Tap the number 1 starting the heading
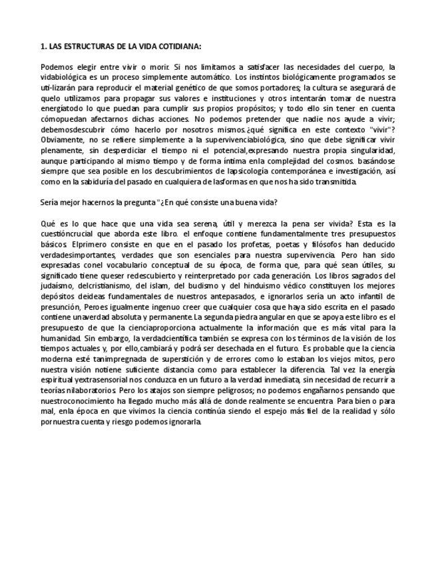point(43,47)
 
